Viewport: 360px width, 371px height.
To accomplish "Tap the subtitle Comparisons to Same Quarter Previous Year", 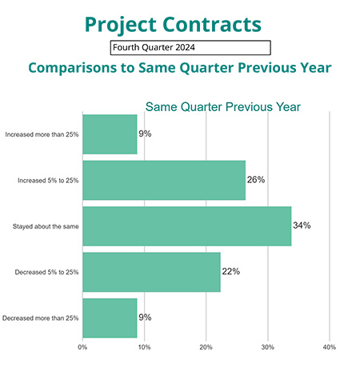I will point(180,68).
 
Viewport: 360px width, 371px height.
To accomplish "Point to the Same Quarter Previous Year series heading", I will point(222,106).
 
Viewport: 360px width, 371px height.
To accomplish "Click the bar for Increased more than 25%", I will point(110,134).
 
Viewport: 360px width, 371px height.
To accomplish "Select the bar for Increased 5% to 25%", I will point(163,180).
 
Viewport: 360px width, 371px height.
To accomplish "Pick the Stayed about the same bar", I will point(186,225).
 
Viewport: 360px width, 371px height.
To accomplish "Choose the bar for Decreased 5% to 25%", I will point(151,272).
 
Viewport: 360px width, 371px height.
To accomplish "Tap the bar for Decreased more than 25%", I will point(110,317).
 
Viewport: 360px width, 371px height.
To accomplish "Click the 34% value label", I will point(302,225).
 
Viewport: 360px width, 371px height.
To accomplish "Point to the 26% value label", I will point(255,180).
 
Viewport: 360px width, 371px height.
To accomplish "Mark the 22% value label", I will point(230,272).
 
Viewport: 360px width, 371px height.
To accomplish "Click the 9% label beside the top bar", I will point(145,134).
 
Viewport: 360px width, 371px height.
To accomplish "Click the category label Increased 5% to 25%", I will point(47,181).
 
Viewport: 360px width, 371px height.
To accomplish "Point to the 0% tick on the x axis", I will point(82,347).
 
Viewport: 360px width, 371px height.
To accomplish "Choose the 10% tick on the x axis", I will point(144,347).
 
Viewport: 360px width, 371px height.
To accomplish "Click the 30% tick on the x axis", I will point(267,347).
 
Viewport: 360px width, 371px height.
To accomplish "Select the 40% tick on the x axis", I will point(329,347).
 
